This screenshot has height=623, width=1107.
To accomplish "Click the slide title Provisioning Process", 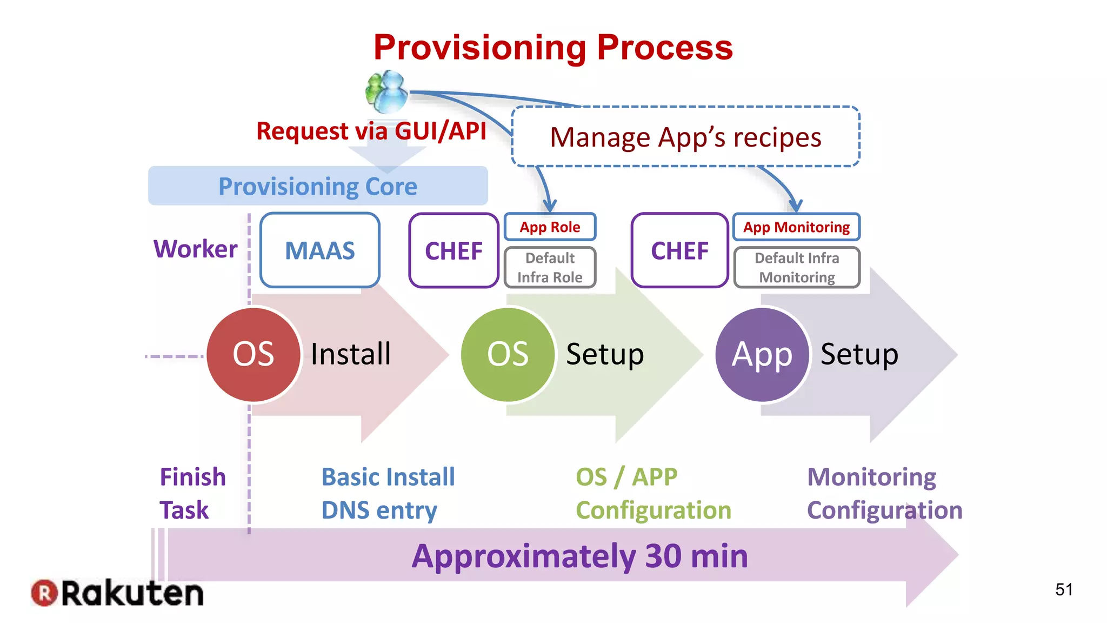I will coord(553,48).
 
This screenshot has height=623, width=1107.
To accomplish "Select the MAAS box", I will coord(319,250).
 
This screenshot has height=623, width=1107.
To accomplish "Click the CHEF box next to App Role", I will coord(454,250).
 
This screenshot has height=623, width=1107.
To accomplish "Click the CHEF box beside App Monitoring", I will coord(679,250).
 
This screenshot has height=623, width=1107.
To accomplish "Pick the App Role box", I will coord(550,227).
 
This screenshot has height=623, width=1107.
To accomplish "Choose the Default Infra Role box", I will coord(550,268).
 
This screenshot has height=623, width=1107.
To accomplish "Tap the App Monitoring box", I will coord(796,227).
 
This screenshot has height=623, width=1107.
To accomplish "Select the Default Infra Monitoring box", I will coord(797,268).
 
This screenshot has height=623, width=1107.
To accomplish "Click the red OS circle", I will coord(253,355).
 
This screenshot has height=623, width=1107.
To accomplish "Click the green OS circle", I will coord(508,355).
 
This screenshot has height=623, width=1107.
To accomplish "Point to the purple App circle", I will coord(762,355).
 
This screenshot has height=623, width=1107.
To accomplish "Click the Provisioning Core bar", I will coord(318,186).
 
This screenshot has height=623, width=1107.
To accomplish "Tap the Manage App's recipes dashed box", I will coord(685,137).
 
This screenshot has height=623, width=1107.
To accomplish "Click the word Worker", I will coord(195,249).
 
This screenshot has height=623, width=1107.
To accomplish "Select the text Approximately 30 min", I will coord(579,556).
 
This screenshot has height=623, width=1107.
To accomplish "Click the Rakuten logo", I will coord(117,593).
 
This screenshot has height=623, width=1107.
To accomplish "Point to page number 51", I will coord(1063,589).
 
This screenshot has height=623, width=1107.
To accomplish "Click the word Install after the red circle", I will coord(351,355).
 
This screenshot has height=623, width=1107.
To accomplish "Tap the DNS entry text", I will coord(379,511).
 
